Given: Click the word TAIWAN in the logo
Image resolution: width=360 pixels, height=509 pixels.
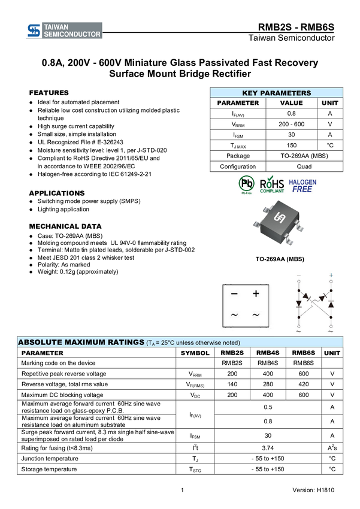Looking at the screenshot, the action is (x=56, y=27).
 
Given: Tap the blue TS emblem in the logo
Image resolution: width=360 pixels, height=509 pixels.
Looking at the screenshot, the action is (x=34, y=31).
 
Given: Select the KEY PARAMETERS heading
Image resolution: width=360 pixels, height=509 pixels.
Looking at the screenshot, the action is (x=276, y=93).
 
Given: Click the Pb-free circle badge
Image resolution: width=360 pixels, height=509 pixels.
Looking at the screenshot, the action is (x=246, y=184).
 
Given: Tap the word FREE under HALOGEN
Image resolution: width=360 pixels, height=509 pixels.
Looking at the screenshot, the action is (x=302, y=189).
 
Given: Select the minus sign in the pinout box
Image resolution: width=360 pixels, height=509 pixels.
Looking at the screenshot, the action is (x=234, y=294).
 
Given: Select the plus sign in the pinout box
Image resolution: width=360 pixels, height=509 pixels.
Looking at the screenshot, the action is (x=256, y=294).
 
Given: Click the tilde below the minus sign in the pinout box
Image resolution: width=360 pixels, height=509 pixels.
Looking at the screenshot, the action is (x=234, y=315).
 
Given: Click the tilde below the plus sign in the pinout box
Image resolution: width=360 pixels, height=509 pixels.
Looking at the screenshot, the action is (x=256, y=315).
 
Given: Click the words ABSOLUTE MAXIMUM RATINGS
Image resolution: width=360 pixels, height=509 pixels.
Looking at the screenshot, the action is (x=81, y=342).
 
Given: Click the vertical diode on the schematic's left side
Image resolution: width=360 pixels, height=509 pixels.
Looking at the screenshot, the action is (x=298, y=304).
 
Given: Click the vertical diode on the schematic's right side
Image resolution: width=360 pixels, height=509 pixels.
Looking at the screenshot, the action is (x=331, y=304).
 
